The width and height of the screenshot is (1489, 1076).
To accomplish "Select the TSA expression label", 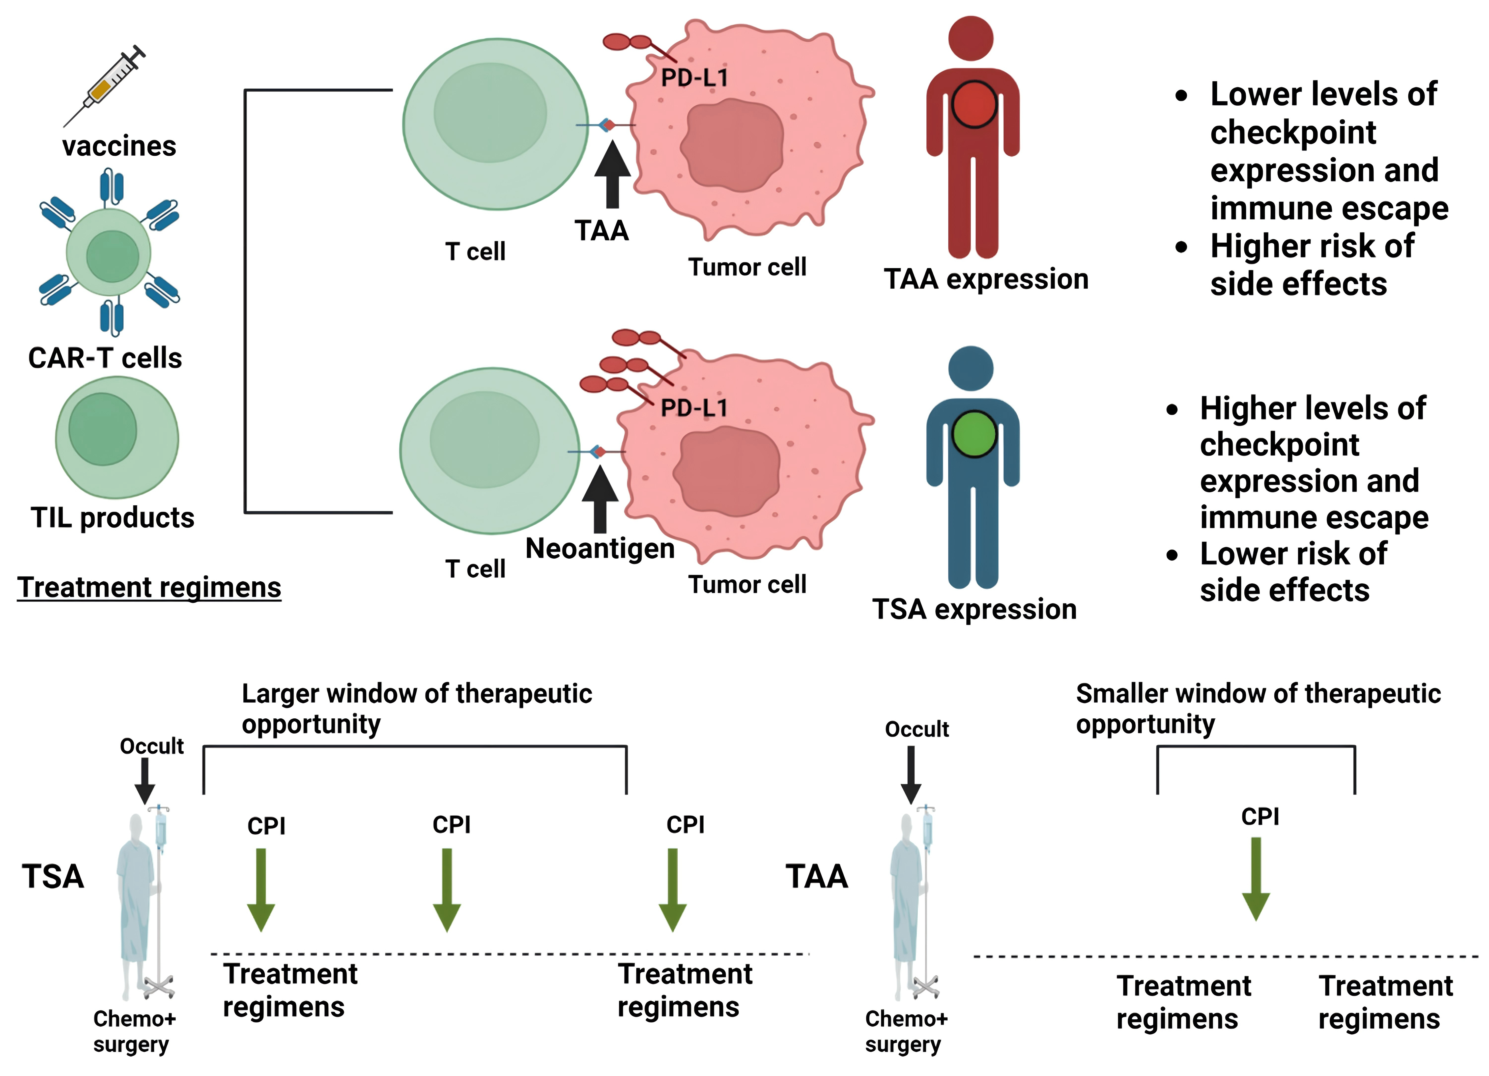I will (974, 609).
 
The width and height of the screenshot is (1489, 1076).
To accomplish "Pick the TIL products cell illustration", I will (117, 437).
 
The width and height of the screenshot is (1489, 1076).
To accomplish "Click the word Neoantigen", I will (600, 548).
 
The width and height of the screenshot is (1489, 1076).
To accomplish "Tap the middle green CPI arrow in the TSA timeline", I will (447, 890).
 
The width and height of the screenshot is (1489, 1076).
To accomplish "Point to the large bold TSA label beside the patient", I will (53, 877).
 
